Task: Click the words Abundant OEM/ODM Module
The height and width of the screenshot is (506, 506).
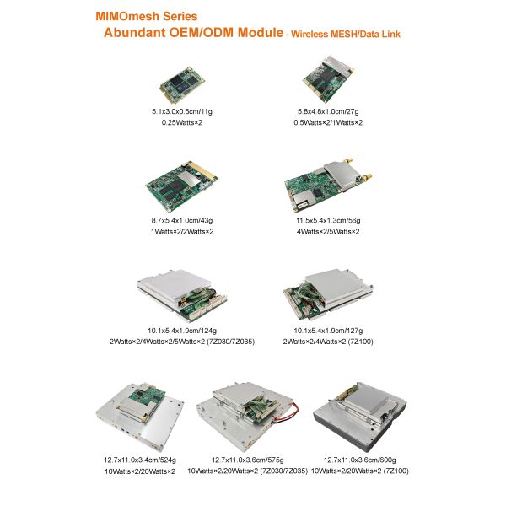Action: (x=192, y=33)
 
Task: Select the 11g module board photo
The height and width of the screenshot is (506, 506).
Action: (x=183, y=84)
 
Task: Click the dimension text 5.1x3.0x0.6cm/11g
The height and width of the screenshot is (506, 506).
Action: (x=182, y=112)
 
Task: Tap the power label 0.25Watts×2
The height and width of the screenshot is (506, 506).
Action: (x=182, y=123)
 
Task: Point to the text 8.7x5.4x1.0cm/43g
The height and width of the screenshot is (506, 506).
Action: (x=181, y=220)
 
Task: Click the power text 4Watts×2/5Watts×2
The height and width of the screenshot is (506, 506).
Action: (x=328, y=231)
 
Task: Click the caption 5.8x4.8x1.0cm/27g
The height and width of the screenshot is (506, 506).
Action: (x=328, y=112)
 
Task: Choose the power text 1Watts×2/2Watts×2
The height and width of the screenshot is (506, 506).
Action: (x=181, y=231)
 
